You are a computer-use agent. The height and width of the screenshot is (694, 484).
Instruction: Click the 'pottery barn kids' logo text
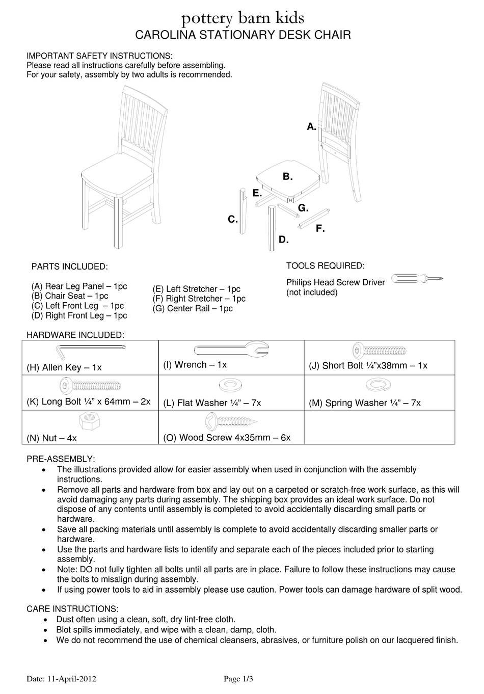(243, 19)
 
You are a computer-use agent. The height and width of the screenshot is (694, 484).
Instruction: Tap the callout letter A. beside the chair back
(311, 126)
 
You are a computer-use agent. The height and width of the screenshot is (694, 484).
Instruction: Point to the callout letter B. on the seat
(287, 177)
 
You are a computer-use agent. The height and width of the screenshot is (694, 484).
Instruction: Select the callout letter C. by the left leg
(232, 220)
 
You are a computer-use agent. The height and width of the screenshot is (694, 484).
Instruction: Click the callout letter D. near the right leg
(284, 239)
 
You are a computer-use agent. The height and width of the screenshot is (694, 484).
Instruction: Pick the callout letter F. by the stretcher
(320, 229)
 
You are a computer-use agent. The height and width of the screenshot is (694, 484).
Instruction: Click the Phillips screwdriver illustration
(417, 278)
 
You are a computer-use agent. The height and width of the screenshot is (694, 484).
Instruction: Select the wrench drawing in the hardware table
(231, 350)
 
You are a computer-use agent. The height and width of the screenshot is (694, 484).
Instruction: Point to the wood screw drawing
(230, 421)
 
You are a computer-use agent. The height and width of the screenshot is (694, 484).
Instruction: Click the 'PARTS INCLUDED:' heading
(69, 267)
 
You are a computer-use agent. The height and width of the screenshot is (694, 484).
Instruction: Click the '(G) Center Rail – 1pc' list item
(193, 308)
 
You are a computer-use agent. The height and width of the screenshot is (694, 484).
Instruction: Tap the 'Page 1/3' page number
(238, 679)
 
